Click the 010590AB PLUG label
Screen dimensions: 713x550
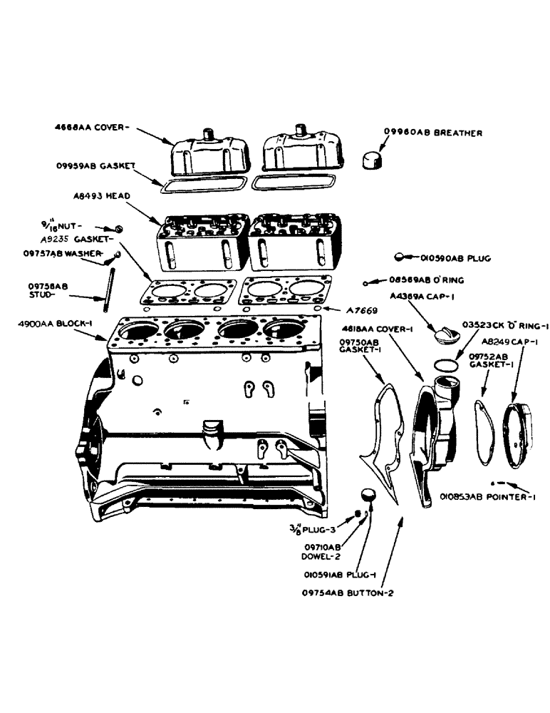coord(455,257)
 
